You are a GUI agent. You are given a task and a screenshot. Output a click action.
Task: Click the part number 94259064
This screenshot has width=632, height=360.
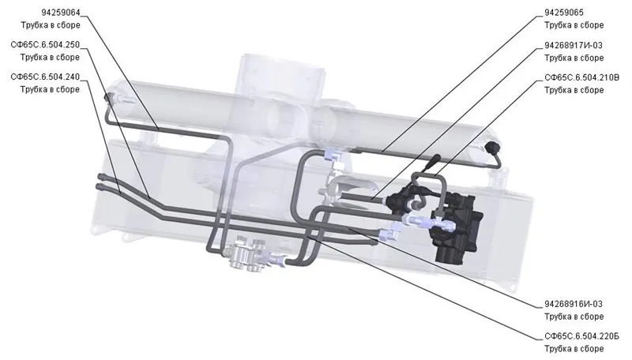click(x=61, y=13)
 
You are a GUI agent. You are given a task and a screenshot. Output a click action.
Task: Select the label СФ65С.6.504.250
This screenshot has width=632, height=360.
click(x=45, y=44)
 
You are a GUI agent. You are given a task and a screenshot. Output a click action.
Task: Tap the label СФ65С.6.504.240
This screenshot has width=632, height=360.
click(x=45, y=77)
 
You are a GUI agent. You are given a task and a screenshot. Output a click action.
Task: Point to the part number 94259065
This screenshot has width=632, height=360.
click(x=564, y=13)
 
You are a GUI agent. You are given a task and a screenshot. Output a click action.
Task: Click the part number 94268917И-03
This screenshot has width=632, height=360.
click(x=574, y=45)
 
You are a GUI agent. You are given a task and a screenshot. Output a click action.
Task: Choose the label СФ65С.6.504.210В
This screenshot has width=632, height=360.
click(x=581, y=77)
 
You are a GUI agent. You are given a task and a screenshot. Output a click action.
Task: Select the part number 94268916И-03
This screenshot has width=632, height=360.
click(x=574, y=304)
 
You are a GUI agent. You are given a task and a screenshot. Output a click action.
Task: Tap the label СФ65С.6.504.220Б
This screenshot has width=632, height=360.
click(x=581, y=336)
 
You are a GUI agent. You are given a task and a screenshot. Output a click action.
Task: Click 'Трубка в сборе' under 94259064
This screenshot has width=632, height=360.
click(x=51, y=25)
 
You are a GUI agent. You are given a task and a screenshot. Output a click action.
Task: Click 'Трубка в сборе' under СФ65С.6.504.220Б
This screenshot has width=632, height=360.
click(x=574, y=349)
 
